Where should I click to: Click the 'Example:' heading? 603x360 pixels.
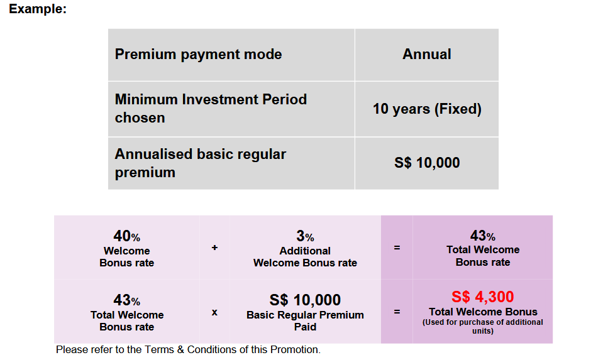tap(38, 9)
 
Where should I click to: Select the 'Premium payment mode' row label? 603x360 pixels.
tap(199, 54)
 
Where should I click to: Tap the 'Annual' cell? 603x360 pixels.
tap(426, 54)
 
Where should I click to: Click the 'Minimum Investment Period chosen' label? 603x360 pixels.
tap(211, 108)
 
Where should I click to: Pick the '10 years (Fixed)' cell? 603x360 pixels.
tap(427, 109)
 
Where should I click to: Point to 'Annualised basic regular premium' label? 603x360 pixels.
tap(201, 163)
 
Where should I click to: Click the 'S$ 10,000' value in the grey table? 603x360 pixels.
tap(427, 163)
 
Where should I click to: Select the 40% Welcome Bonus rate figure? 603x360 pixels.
tap(126, 236)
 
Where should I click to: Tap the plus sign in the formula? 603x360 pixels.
tap(214, 248)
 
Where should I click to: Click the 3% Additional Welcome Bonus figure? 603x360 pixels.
tap(305, 236)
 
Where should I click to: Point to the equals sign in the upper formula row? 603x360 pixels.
tap(397, 248)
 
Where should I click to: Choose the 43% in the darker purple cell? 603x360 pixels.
tap(483, 235)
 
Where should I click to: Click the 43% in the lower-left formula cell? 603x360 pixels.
tap(126, 300)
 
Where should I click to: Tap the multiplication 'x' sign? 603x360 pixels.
tap(214, 312)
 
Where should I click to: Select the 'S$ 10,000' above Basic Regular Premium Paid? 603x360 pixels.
tap(305, 300)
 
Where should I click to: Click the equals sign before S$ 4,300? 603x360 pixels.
tap(397, 312)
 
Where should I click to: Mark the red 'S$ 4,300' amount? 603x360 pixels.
tap(483, 297)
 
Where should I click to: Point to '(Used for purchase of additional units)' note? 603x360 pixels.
tap(483, 327)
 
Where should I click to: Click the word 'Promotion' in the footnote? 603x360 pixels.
tap(294, 349)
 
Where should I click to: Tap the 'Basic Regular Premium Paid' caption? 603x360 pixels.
tap(305, 321)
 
